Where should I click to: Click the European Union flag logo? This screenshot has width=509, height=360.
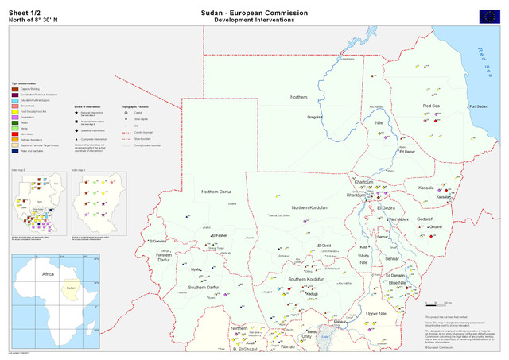click(490, 15)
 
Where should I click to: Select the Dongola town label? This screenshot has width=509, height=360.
click(315, 117)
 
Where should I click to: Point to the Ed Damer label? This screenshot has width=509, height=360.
click(406, 152)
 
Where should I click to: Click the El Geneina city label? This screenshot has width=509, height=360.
click(157, 241)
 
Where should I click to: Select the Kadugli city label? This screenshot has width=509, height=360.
click(313, 293)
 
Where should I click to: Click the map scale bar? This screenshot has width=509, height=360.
click(443, 303)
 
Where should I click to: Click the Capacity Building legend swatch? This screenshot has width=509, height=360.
click(14, 90)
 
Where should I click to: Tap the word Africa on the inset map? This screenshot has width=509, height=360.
click(47, 273)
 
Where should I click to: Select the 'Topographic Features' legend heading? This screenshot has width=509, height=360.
click(136, 106)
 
